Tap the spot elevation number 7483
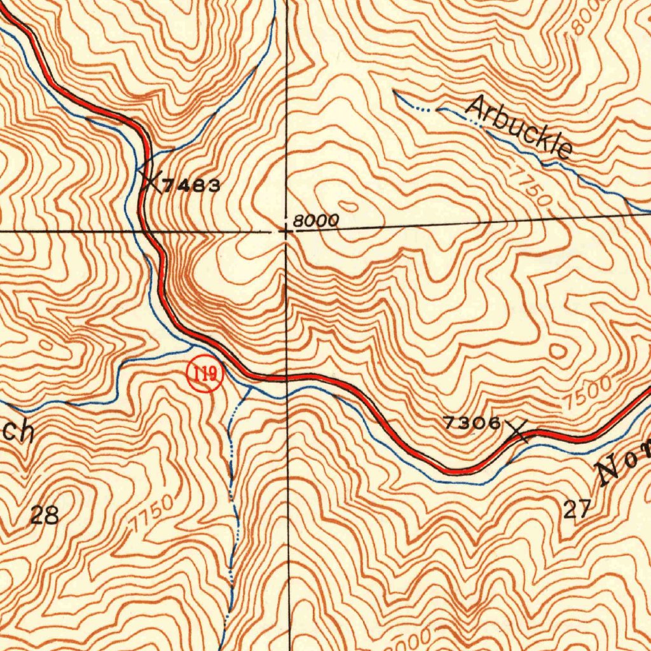click(191, 186)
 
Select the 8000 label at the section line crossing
click(315, 221)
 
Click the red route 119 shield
click(205, 375)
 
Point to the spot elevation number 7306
click(472, 423)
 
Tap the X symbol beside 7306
click(519, 432)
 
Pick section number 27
click(577, 509)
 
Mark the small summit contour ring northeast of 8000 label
click(348, 205)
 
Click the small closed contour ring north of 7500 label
click(558, 351)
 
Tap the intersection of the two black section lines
click(287, 231)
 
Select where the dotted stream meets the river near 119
click(250, 387)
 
